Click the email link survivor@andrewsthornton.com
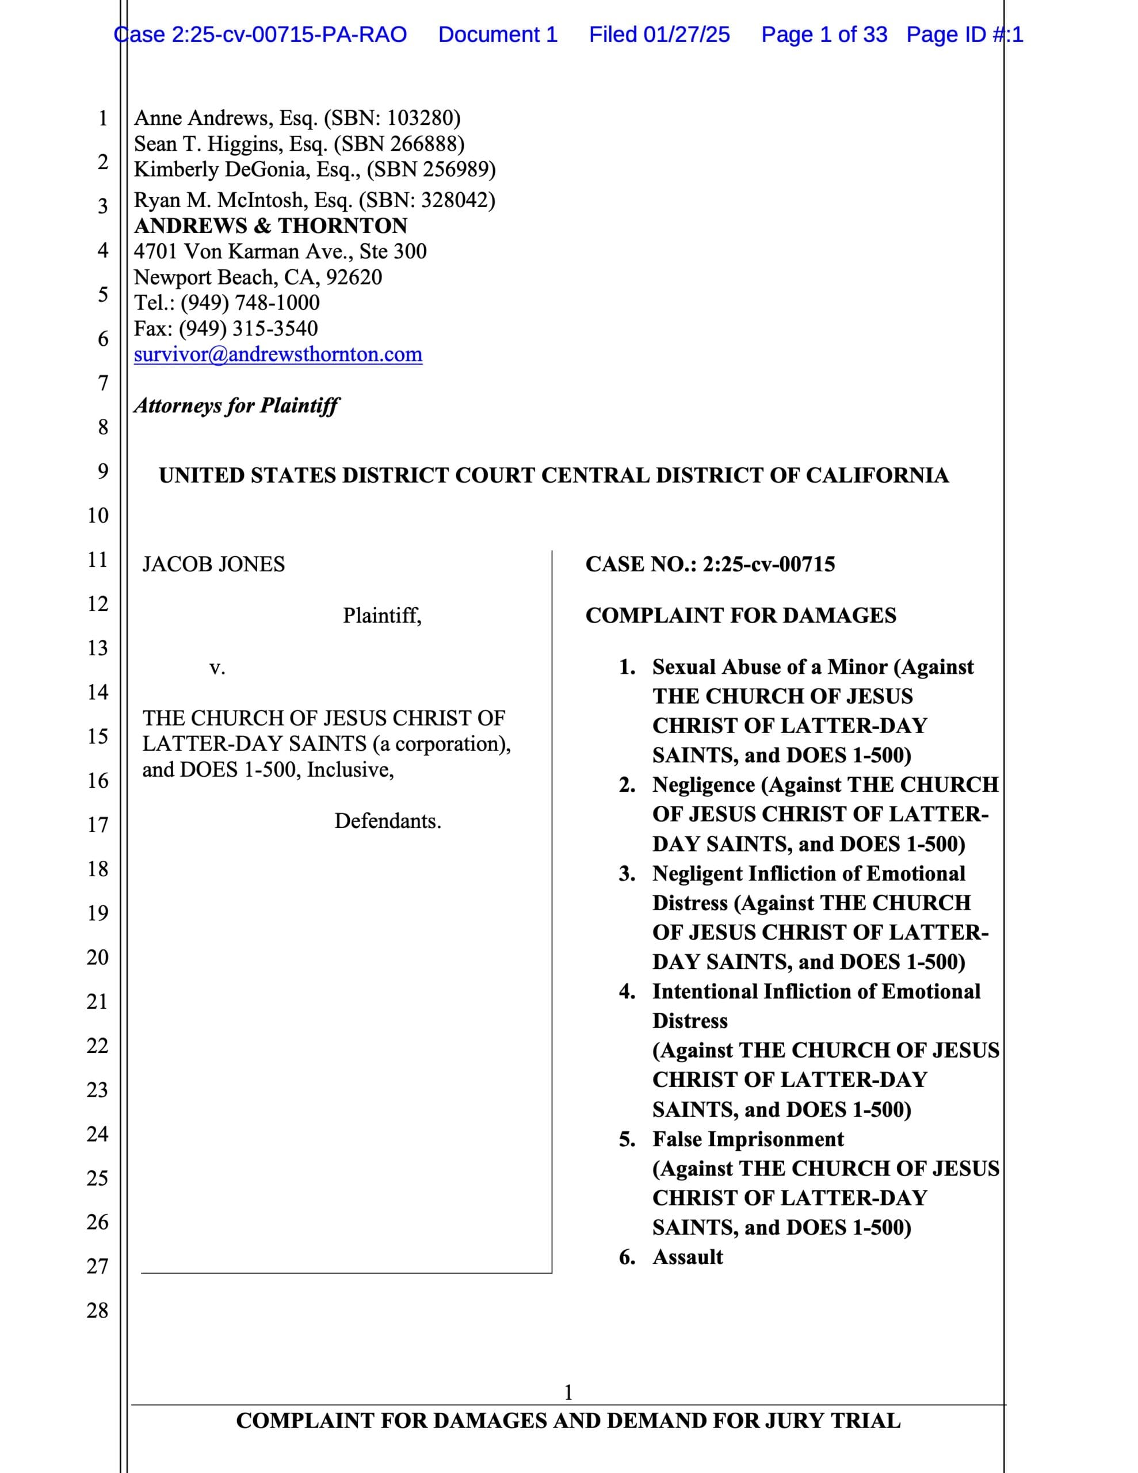click(278, 355)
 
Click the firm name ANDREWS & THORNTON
click(270, 226)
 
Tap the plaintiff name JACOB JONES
click(213, 564)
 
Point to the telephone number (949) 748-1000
click(250, 303)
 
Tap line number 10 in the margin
click(98, 516)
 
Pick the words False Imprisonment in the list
click(747, 1139)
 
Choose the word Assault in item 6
click(688, 1257)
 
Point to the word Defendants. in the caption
click(388, 822)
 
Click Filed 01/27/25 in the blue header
click(659, 35)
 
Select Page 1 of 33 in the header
click(824, 35)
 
